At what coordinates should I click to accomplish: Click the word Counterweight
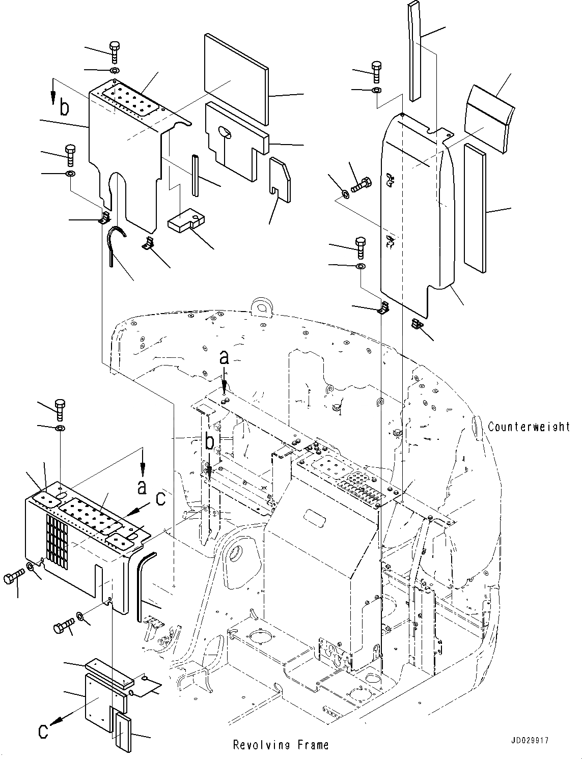coord(529,427)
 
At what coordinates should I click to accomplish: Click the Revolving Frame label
coord(281,745)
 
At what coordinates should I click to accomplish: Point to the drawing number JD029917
coord(528,742)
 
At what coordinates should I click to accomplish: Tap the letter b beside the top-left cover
coord(64,108)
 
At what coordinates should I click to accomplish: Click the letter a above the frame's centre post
coord(224,358)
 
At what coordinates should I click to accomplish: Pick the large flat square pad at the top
coord(236,79)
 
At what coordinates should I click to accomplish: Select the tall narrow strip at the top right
coord(415,51)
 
